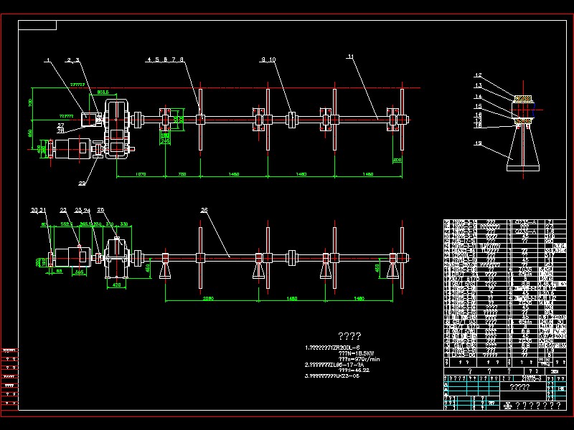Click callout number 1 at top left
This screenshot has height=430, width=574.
pos(47,60)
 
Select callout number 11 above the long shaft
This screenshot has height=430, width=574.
pos(350,56)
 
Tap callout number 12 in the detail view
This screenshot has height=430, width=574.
pos(477,76)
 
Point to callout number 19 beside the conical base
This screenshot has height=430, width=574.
pos(478,143)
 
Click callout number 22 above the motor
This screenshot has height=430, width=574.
pos(63,210)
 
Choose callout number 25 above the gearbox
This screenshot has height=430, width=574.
pos(100,210)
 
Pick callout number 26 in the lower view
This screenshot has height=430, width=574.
pos(204,210)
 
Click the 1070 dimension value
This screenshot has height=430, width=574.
pos(141,174)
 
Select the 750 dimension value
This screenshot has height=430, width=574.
pos(182,174)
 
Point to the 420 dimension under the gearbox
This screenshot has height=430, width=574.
pos(116,285)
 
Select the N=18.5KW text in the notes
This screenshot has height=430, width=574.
pos(337,353)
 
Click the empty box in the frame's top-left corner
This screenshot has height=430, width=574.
pos(37,25)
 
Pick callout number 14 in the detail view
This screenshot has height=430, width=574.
pos(477,96)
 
